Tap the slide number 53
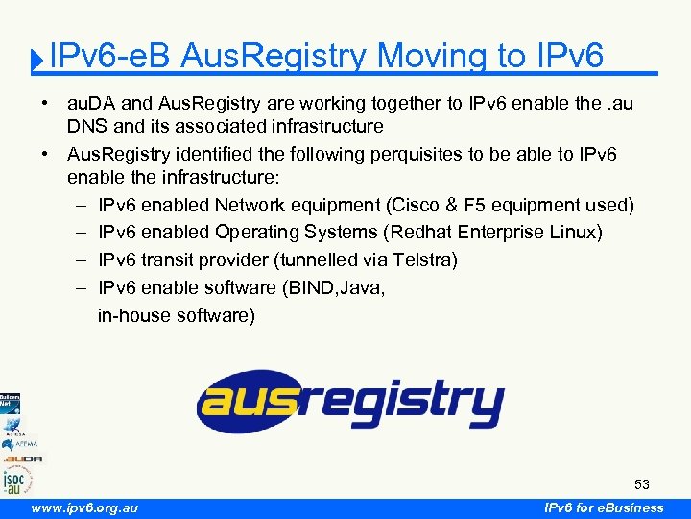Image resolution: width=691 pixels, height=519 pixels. [642, 483]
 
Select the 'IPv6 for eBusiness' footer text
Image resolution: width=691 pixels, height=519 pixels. [604, 507]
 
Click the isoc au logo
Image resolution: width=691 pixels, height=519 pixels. [16, 480]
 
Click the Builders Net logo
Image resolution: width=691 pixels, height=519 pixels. [10, 403]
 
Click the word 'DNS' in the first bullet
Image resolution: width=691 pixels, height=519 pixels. [84, 126]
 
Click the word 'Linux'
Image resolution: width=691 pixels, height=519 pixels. [571, 233]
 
